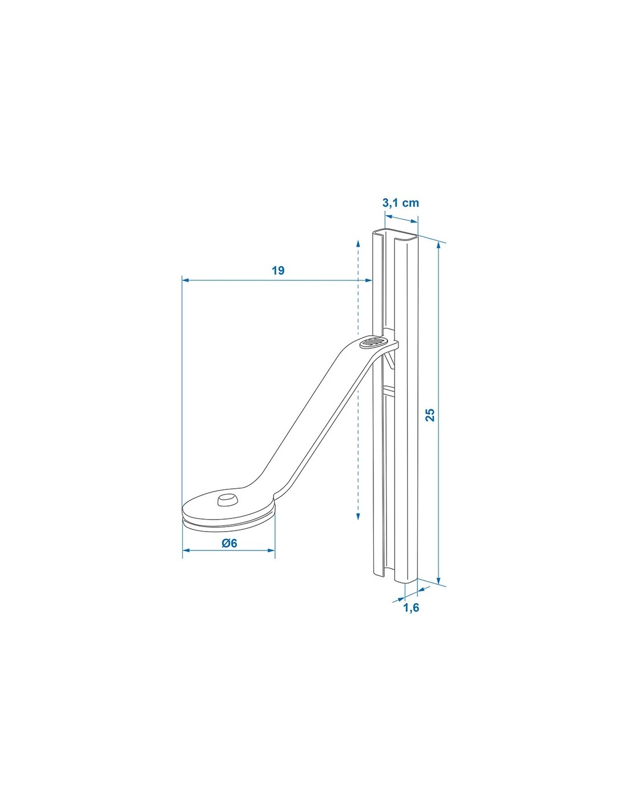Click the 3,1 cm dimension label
(x=400, y=203)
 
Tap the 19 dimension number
(x=277, y=271)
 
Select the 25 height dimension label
(x=430, y=415)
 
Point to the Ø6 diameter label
(x=229, y=543)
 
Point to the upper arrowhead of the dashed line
(x=358, y=244)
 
